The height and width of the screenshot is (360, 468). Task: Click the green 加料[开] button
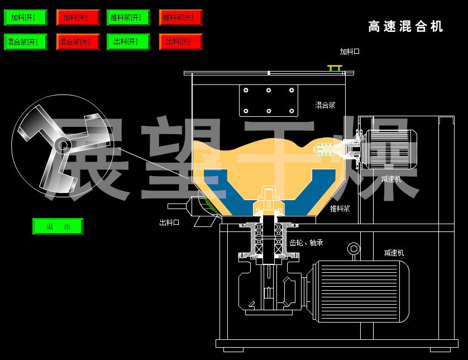[23, 17]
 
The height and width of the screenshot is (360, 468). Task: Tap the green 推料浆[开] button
[126, 17]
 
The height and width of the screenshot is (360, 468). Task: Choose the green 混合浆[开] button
[23, 41]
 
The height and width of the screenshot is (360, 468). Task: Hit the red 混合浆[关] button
[75, 41]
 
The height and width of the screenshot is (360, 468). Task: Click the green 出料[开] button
[126, 41]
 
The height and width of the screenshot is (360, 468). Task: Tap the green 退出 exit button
[58, 226]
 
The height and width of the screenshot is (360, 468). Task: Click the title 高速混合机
[405, 26]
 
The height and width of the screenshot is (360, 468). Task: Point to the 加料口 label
[350, 51]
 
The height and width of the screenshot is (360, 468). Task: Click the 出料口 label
[169, 222]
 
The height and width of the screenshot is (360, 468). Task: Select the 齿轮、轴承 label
[306, 243]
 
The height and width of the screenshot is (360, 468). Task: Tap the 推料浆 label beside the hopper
[340, 209]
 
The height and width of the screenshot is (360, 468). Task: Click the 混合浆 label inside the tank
[325, 105]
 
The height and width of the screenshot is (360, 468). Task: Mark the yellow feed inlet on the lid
[335, 68]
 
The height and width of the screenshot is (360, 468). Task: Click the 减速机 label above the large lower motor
[394, 253]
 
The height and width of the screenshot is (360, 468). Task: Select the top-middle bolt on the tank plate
[269, 90]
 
